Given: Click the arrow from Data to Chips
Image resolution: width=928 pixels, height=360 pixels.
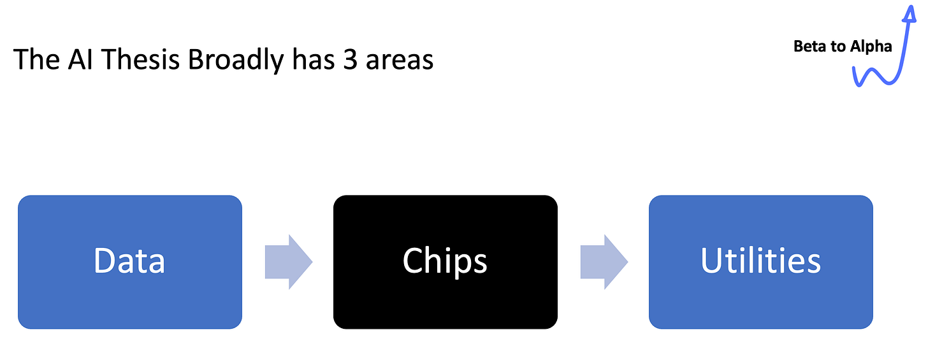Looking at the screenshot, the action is [288, 262].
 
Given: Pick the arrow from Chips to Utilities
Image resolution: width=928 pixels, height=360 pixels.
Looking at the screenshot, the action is [604, 262].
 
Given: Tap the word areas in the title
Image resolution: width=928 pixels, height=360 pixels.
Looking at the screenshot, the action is [400, 60].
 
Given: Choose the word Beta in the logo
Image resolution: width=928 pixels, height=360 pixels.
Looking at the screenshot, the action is [810, 47].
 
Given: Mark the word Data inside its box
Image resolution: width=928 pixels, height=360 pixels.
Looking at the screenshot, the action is [129, 261].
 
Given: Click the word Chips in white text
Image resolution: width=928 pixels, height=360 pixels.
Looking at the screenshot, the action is [445, 261].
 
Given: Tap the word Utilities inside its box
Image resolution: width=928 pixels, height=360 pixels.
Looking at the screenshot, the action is [760, 261].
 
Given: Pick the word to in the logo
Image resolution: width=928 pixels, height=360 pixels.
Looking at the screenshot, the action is [839, 47].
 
